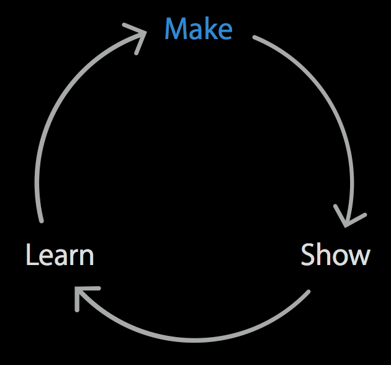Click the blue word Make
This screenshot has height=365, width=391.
pos(198,29)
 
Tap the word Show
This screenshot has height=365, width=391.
pos(335,255)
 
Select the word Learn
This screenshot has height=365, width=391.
pos(60,255)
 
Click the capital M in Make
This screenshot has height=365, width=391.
pos(176,29)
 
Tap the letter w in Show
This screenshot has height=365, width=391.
pos(359,257)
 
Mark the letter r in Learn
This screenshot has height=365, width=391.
pos(76,257)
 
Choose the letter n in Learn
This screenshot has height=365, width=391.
pos(88,257)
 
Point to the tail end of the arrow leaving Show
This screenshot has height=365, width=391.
pos(307,292)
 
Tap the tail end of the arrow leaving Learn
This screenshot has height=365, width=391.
pos(42,220)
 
